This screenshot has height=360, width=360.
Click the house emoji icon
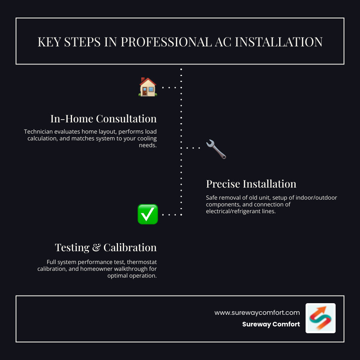pos(148,87)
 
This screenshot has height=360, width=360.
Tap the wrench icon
pos(216,149)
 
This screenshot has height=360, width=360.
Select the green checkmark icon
pos(148,214)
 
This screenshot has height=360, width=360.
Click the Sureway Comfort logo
pos(320,318)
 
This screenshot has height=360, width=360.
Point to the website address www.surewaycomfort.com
pos(257,312)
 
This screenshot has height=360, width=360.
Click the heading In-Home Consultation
pos(103,119)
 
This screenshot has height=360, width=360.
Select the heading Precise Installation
pos(251,184)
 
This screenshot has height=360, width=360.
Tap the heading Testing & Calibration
pos(106,247)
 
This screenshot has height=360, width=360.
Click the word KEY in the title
pos(48,42)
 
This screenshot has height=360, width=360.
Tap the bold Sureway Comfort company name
pos(271,324)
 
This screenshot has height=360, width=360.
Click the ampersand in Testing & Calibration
pos(96,248)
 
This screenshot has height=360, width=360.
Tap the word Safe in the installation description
pos(213,198)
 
